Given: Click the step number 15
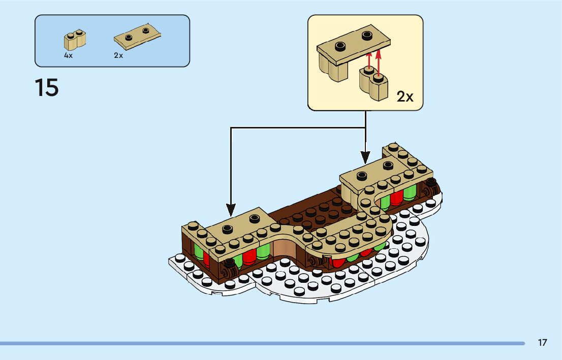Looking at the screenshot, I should (47, 88).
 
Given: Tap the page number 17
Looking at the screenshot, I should (542, 343).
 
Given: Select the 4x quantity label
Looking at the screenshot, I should (69, 56).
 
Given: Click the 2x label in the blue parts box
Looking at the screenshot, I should (118, 56).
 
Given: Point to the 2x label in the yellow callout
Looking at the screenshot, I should (405, 96).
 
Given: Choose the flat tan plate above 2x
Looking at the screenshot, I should (138, 37).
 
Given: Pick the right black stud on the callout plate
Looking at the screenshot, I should (367, 36).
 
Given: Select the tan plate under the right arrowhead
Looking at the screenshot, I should (373, 173).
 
